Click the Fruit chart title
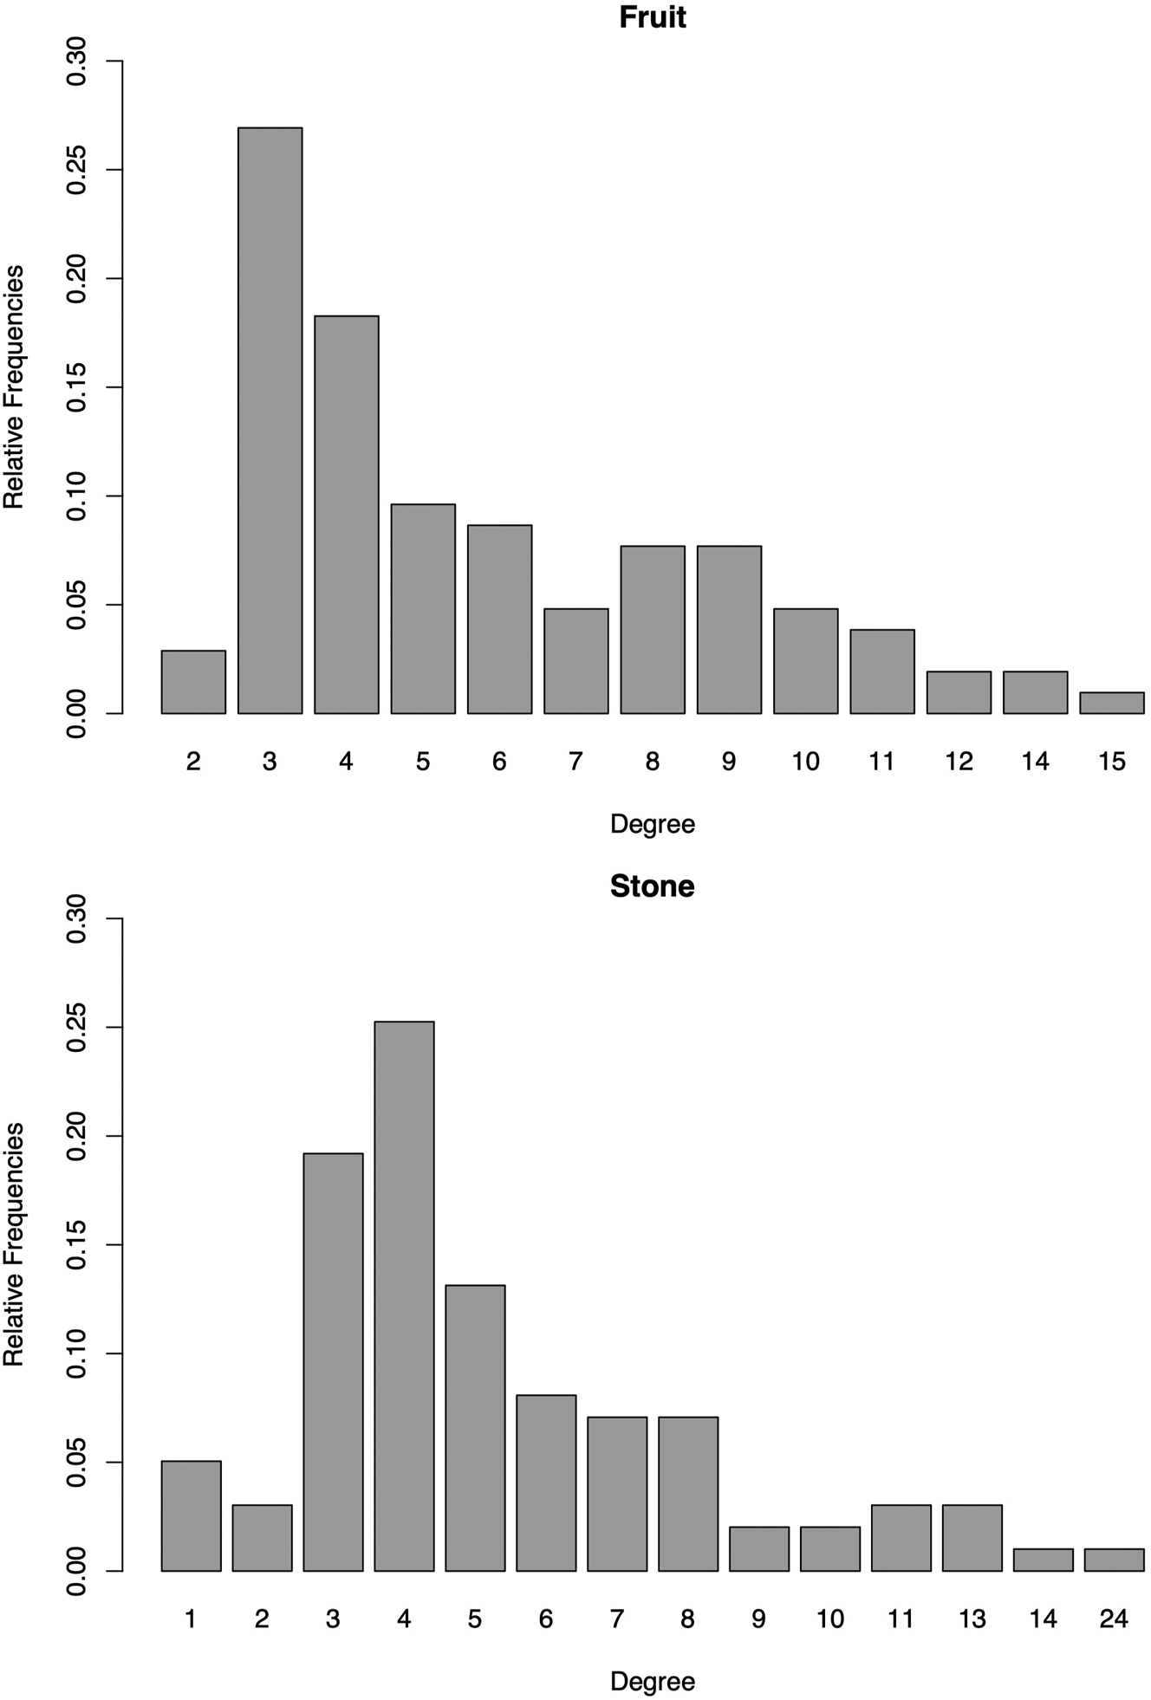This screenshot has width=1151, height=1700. click(x=652, y=18)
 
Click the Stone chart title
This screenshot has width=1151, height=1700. click(x=652, y=886)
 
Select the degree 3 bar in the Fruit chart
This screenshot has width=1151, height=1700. click(x=270, y=421)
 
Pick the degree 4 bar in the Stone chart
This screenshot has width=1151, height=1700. click(x=404, y=1296)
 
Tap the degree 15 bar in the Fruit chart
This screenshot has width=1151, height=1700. click(x=1111, y=703)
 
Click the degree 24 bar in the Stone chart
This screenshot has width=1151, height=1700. click(x=1114, y=1560)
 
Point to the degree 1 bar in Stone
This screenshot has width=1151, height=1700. click(x=191, y=1516)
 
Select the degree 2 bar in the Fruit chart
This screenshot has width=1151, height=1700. click(x=193, y=682)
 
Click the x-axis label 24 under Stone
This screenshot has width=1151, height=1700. click(x=1114, y=1619)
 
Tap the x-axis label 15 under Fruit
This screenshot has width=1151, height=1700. click(x=1111, y=762)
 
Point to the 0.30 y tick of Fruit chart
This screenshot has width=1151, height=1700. click(x=78, y=62)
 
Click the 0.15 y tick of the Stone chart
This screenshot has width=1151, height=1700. click(x=78, y=1245)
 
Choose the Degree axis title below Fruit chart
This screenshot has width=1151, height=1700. click(x=652, y=824)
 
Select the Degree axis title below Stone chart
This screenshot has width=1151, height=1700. click(x=652, y=1681)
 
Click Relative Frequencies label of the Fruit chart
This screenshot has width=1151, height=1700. click(x=15, y=387)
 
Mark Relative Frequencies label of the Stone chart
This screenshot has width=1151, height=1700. click(x=15, y=1244)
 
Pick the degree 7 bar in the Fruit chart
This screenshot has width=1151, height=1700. click(x=575, y=661)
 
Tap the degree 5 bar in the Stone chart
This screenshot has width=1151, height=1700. click(x=475, y=1428)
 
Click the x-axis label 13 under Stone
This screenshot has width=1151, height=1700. click(x=972, y=1619)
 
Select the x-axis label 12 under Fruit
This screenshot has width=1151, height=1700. click(x=959, y=762)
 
